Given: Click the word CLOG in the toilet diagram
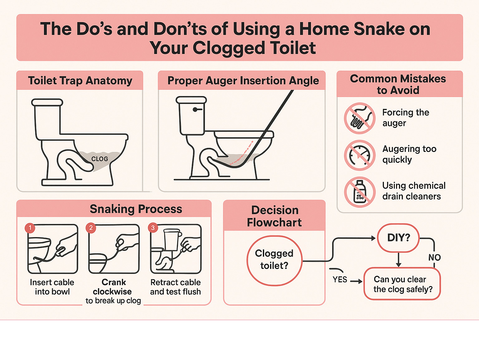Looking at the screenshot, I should pos(99,159).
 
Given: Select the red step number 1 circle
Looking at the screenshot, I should pos(30,228).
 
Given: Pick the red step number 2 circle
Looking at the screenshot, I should pos(91,228).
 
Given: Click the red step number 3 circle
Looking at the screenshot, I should pos(153,228).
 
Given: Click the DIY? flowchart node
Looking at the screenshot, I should pos(398,238).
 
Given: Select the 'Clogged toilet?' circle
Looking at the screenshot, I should pos(274,260).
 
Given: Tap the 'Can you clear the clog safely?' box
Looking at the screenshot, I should pos(402,284).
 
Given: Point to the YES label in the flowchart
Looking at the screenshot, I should pos(340,280).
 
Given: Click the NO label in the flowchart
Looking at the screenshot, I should pos(434,257).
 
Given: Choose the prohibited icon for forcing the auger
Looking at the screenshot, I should pos(360,118).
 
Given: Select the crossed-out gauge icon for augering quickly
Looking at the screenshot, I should pos(360,155).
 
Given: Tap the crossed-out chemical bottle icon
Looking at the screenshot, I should pos(360,192).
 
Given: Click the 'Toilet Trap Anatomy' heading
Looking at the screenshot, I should pos(80,80).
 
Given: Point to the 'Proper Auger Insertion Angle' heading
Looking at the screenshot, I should pos(243,80).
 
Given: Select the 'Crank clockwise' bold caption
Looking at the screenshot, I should pos(113,287).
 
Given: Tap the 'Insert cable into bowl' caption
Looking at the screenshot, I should pos(52,287).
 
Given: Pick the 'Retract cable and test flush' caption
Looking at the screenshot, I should pos(175,287).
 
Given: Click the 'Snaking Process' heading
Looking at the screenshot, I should pos(136,209).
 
